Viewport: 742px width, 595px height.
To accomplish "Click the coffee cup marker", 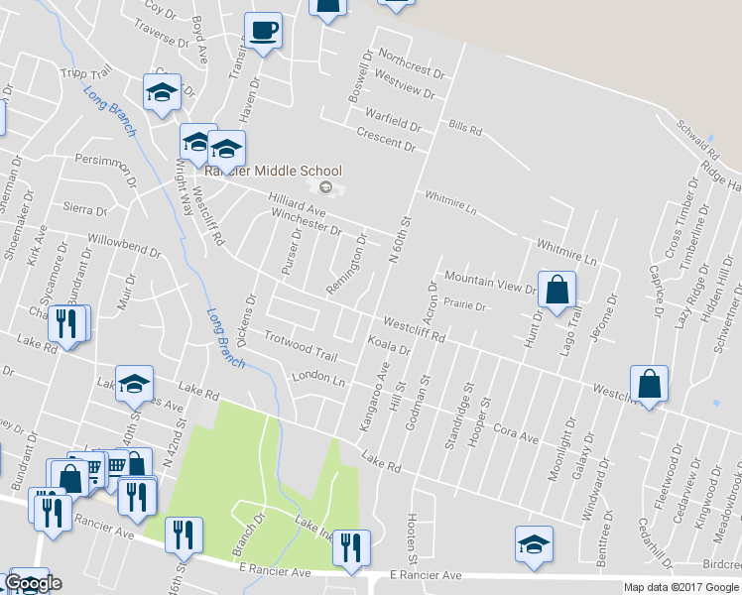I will (263, 30).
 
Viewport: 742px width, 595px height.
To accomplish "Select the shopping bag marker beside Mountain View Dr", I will (556, 289).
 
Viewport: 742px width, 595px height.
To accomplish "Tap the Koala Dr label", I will (389, 346).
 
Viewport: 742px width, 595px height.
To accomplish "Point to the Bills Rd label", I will (464, 128).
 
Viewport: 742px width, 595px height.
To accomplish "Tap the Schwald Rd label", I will (698, 139).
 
